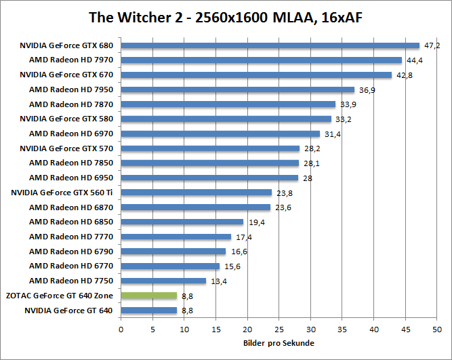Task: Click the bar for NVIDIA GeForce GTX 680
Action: click(x=270, y=45)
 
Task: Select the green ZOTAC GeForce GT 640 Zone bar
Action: click(x=148, y=296)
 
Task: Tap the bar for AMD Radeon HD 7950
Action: click(x=237, y=89)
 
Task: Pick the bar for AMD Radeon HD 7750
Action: click(x=163, y=281)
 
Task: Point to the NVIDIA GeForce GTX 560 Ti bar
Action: click(x=196, y=193)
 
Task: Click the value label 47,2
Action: click(x=432, y=45)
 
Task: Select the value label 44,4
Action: click(x=415, y=60)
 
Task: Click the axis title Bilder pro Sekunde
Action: click(x=279, y=344)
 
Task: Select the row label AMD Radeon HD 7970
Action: click(x=71, y=60)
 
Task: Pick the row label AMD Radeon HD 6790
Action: click(x=71, y=252)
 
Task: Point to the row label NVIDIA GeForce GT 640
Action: click(x=68, y=311)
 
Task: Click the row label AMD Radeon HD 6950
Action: click(x=71, y=178)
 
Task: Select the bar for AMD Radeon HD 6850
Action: click(x=182, y=222)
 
